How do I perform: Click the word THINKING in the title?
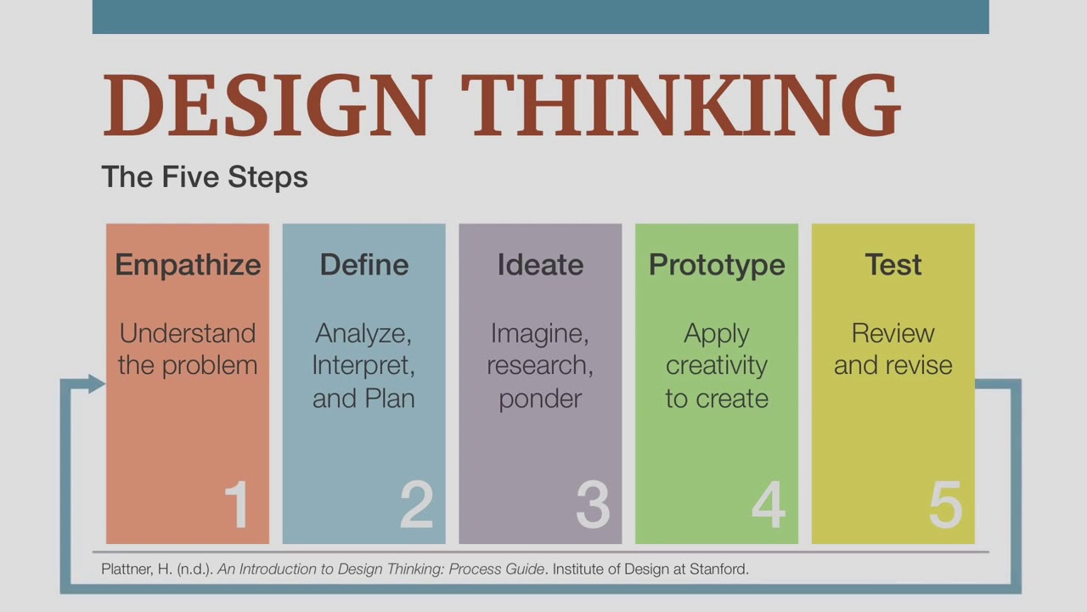(679, 105)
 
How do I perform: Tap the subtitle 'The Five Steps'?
(204, 177)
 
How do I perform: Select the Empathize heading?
(188, 265)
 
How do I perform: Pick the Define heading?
(363, 264)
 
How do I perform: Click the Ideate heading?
(540, 264)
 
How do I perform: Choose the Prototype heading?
(717, 265)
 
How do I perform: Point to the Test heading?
(893, 264)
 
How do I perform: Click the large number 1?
(237, 505)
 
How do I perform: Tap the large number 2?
(416, 505)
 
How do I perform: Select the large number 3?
(593, 505)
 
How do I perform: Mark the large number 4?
(769, 505)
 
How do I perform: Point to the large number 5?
(945, 505)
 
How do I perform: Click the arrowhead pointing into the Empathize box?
(95, 384)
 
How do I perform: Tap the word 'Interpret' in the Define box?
(363, 365)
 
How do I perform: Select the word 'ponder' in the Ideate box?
(540, 399)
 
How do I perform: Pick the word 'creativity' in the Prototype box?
(717, 365)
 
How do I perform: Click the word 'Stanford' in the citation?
(720, 569)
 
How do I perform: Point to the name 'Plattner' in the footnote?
(127, 569)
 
